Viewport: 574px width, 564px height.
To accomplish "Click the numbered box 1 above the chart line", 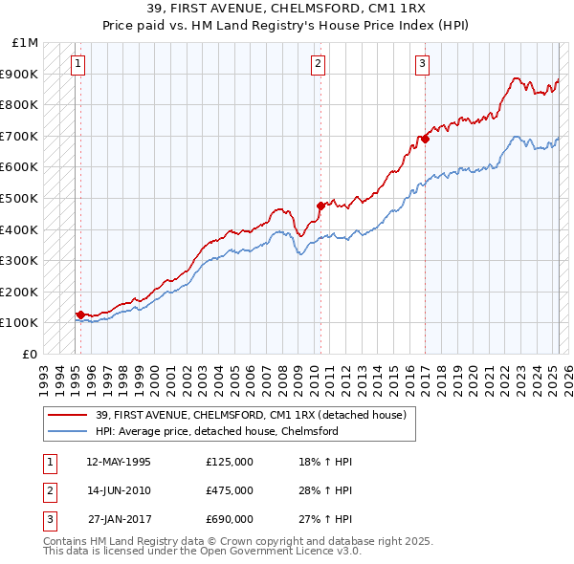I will pos(77,64).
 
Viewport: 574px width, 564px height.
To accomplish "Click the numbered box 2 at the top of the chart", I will pos(318,64).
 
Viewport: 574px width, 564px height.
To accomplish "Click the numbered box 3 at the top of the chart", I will pos(422,64).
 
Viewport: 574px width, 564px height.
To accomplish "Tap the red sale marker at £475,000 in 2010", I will pos(320,205).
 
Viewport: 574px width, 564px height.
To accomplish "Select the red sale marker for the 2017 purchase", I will pos(425,139).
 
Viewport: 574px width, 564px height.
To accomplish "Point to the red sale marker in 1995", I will pos(80,314).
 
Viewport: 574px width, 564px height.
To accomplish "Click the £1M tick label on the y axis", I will pos(26,43).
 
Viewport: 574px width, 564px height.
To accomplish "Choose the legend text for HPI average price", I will pos(230,431).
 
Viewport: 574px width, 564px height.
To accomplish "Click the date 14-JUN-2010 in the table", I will pos(118,490).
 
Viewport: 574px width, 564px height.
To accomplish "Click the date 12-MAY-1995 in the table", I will pos(118,462).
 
